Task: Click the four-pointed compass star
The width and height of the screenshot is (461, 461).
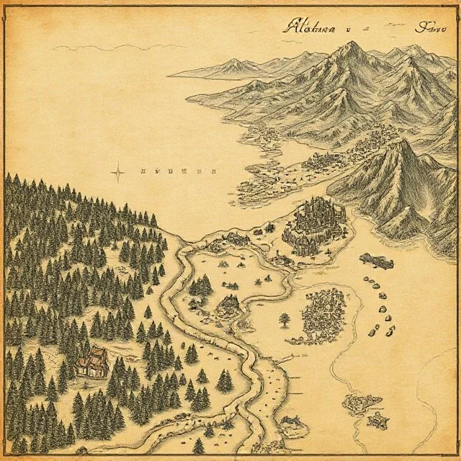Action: tap(118, 171)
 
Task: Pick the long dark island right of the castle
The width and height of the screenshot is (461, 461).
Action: tap(377, 260)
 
